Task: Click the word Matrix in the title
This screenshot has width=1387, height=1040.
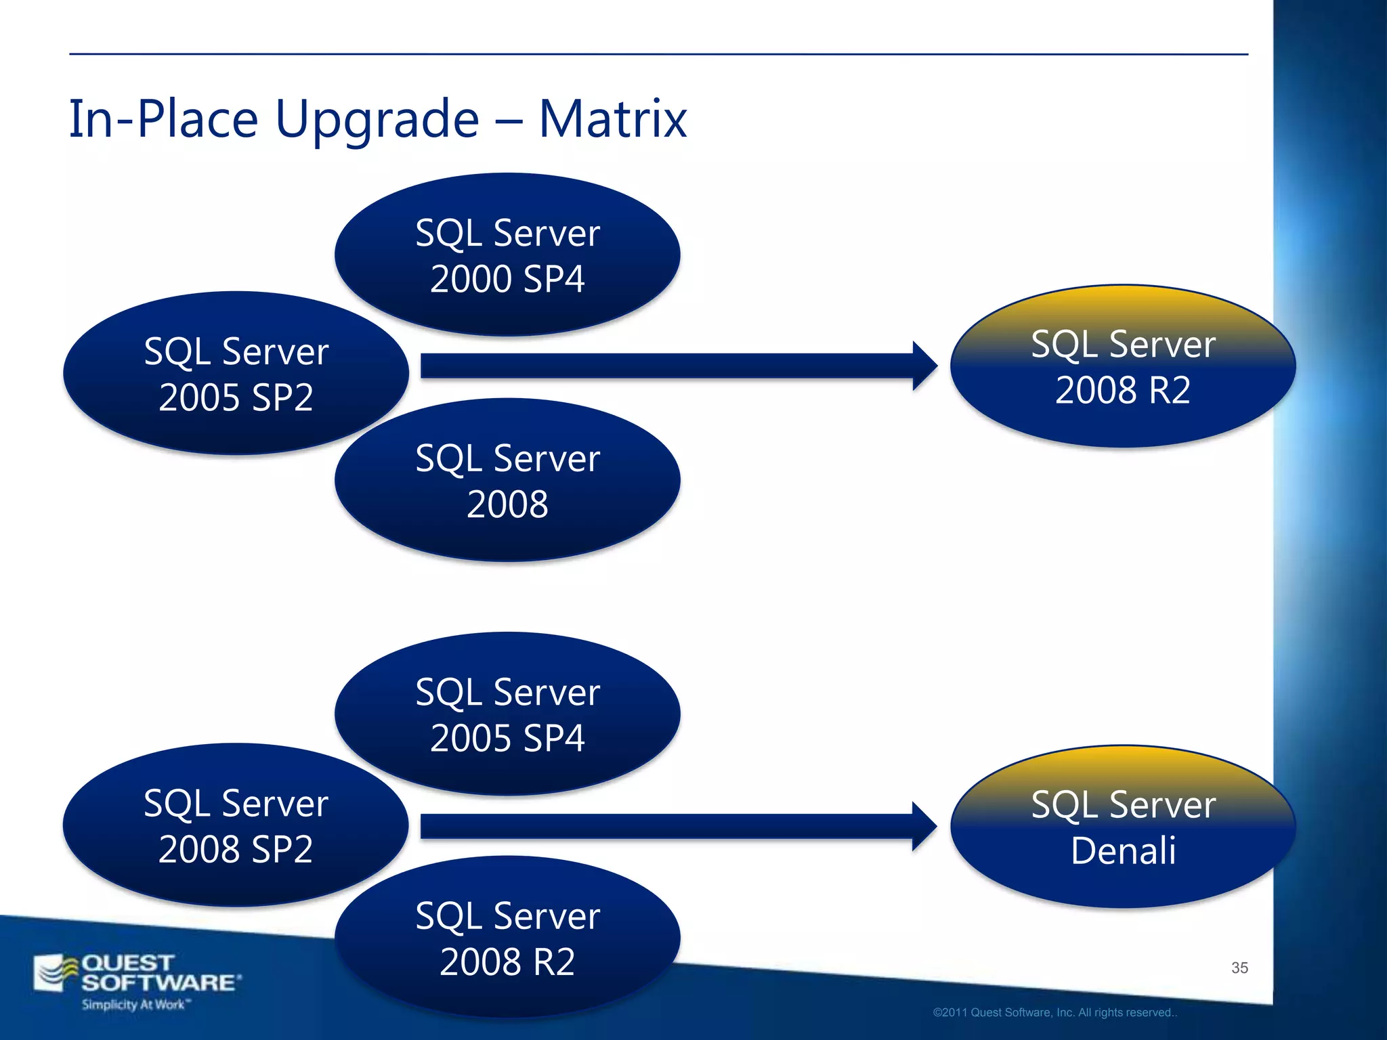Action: pyautogui.click(x=613, y=119)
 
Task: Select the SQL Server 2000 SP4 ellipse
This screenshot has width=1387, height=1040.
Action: pyautogui.click(x=507, y=255)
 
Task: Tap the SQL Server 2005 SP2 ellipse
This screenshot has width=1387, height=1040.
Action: pyautogui.click(x=236, y=374)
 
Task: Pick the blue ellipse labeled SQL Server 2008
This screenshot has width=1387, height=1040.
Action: pyautogui.click(x=507, y=481)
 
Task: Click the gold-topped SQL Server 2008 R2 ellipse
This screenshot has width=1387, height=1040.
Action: pyautogui.click(x=1123, y=366)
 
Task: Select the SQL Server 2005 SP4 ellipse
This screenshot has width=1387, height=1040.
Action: pyautogui.click(x=507, y=714)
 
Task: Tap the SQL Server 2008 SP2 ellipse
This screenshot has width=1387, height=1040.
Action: pyautogui.click(x=236, y=825)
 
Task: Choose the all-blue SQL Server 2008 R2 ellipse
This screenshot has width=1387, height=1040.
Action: pyautogui.click(x=507, y=938)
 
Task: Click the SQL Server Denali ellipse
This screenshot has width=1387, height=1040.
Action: pyautogui.click(x=1123, y=827)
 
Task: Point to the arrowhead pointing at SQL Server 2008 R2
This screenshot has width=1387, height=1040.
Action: pyautogui.click(x=924, y=366)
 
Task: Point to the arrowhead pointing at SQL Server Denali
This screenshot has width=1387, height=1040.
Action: pyautogui.click(x=924, y=826)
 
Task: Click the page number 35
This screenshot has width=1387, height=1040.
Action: pyautogui.click(x=1239, y=968)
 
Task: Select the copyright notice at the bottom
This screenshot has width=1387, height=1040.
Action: pyautogui.click(x=1054, y=1012)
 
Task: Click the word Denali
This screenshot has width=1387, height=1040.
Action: pyautogui.click(x=1123, y=850)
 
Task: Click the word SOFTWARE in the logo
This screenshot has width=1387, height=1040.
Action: pyautogui.click(x=160, y=982)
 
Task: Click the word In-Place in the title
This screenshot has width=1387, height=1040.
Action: pyautogui.click(x=163, y=119)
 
